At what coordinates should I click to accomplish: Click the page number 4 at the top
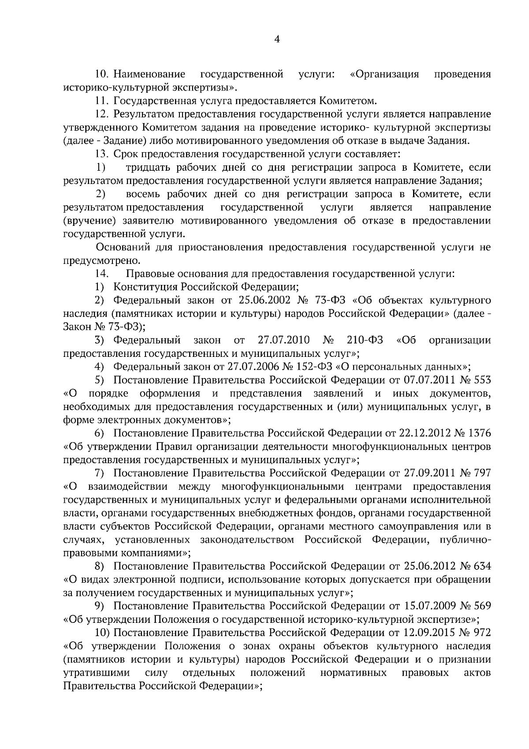(x=277, y=39)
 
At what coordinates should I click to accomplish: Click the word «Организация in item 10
(x=384, y=74)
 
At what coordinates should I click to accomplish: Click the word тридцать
(x=148, y=168)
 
